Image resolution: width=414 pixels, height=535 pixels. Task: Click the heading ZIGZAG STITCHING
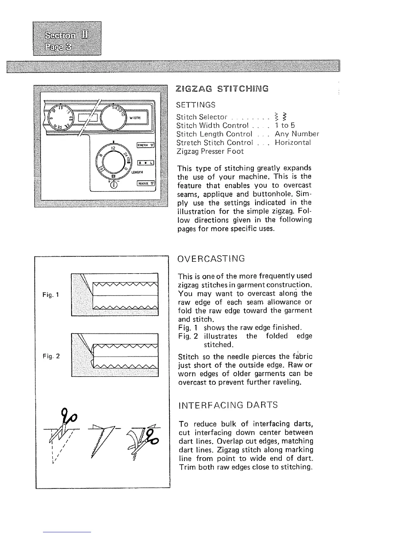[x=222, y=89]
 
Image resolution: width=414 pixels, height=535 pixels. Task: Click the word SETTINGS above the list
[x=196, y=105]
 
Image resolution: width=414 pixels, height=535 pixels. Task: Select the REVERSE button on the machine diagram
[x=145, y=184]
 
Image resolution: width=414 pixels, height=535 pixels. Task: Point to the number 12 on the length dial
[x=113, y=148]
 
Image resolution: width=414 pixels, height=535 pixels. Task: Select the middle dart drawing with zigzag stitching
[x=102, y=439]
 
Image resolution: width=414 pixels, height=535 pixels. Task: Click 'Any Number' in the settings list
[x=297, y=134]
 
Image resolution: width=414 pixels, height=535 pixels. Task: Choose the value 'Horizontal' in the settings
[x=293, y=143]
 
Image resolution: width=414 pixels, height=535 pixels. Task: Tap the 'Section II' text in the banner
[x=67, y=35]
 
